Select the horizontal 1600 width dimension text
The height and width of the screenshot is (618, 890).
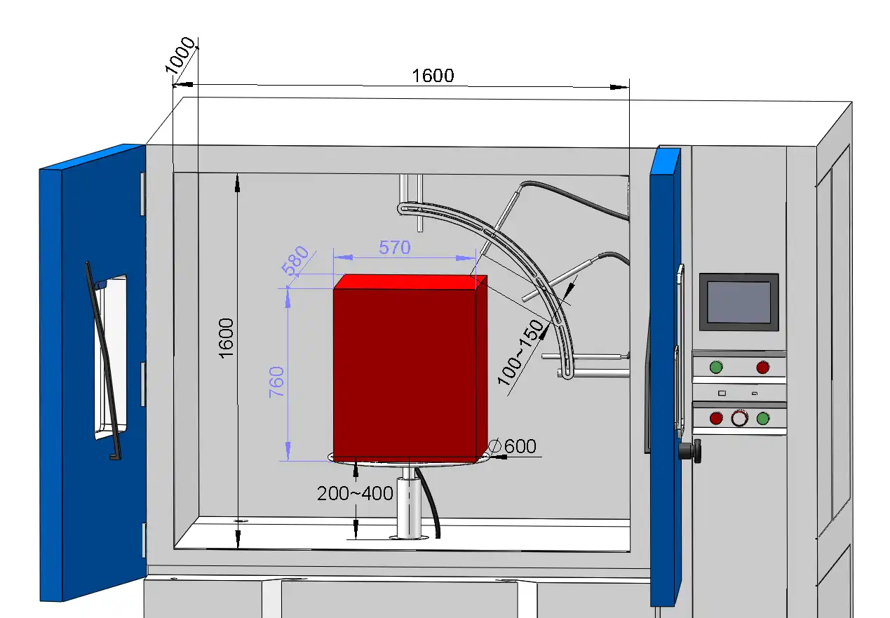click(433, 76)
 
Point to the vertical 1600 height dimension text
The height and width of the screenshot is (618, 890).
click(226, 338)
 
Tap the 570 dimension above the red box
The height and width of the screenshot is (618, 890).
click(394, 247)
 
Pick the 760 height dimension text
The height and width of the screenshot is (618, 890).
click(278, 382)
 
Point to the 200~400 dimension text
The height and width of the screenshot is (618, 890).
click(355, 493)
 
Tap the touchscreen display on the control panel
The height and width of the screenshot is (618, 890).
click(739, 302)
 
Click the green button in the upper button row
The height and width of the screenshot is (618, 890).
click(715, 367)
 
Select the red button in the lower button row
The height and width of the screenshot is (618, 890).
click(716, 418)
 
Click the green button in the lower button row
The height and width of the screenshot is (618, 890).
click(763, 418)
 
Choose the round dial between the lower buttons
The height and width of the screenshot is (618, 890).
click(739, 418)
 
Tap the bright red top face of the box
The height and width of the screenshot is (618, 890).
click(410, 281)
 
